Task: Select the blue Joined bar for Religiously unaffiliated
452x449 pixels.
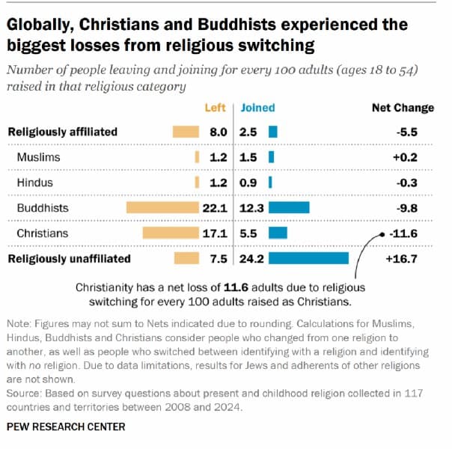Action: [308, 259]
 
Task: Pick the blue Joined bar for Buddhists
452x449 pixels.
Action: [289, 208]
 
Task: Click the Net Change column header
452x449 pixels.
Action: [403, 108]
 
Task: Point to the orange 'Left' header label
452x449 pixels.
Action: [215, 108]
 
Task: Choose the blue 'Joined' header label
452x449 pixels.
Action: [258, 108]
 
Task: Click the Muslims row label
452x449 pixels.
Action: [38, 157]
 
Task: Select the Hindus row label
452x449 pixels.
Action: [36, 183]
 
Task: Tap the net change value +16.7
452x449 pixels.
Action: [402, 259]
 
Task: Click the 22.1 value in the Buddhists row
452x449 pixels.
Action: [215, 208]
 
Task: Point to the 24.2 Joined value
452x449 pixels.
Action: [251, 259]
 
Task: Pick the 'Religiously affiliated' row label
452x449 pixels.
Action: [62, 132]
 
